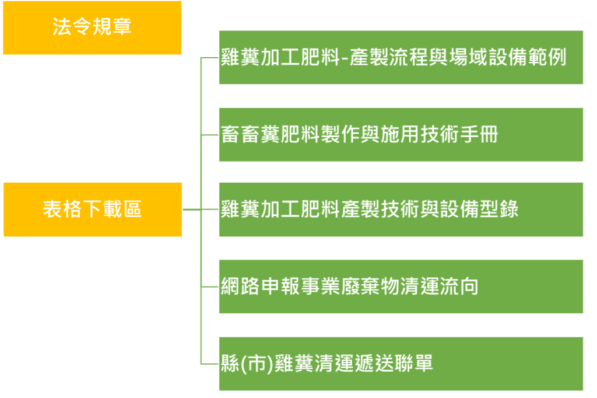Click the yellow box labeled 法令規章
(92, 28)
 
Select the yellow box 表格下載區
(92, 210)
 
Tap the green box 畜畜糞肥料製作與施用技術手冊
(401, 135)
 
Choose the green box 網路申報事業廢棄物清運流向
(401, 287)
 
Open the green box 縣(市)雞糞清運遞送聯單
(401, 364)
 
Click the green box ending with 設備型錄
(401, 210)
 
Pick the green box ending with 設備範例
(401, 58)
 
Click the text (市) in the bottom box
(256, 364)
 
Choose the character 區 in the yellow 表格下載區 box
(132, 210)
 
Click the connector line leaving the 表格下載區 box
(191, 210)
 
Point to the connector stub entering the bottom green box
(209, 364)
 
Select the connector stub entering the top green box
(209, 58)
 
